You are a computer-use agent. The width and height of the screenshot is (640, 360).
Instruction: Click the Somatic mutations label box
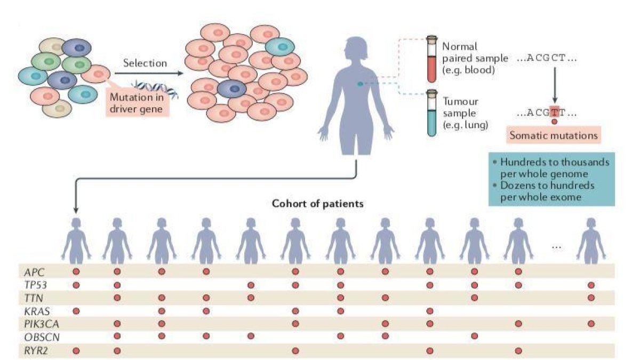(553, 135)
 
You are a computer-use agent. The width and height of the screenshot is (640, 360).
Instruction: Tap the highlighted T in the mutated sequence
(555, 113)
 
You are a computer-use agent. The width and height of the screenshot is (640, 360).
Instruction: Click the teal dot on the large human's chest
(360, 84)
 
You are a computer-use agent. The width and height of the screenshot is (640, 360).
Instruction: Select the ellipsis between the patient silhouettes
(557, 246)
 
